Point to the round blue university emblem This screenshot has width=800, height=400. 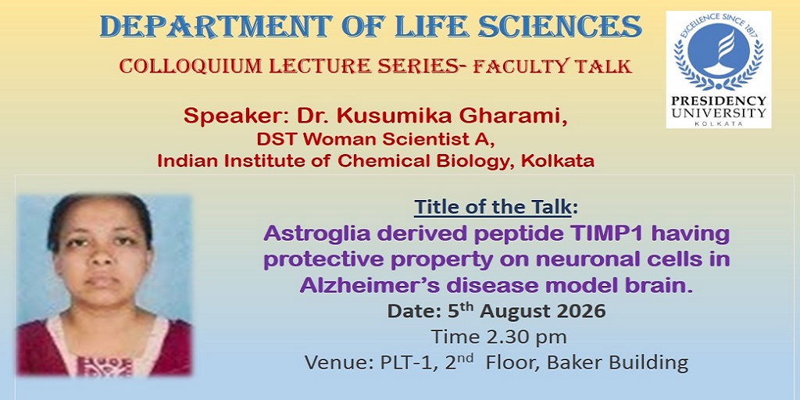[719, 51]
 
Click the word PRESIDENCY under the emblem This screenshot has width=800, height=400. [719, 101]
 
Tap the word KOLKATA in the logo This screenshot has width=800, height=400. [719, 123]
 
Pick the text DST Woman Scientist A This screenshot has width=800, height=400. [376, 139]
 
